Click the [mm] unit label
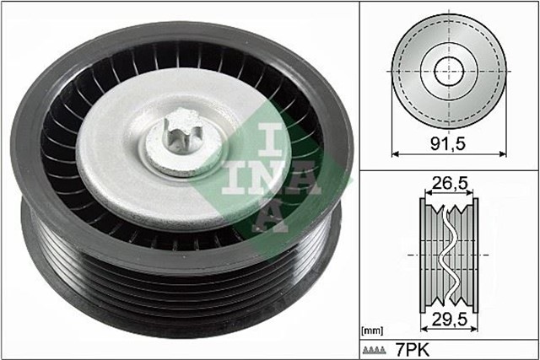click(x=372, y=330)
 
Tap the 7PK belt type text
click(x=411, y=347)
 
